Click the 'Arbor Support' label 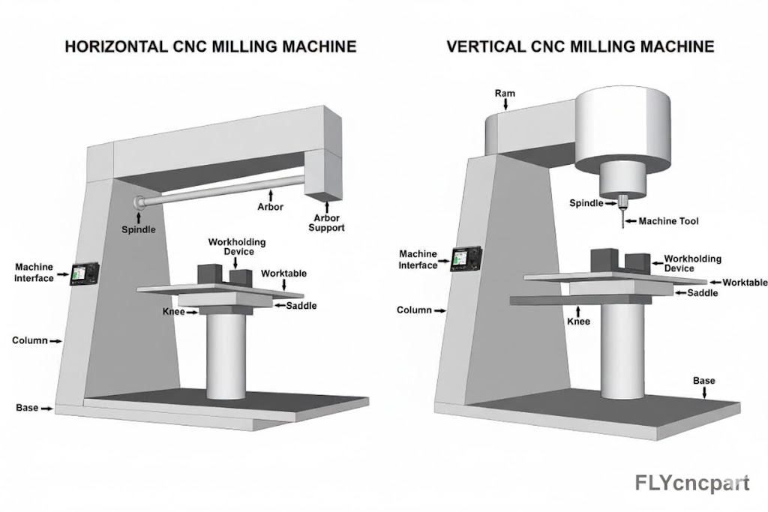click(326, 223)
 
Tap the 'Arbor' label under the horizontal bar click(270, 206)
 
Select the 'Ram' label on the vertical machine click(505, 94)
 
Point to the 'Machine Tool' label click(668, 221)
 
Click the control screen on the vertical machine click(468, 257)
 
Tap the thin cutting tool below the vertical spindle click(622, 217)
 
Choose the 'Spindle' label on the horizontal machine click(139, 229)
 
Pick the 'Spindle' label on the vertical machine click(586, 203)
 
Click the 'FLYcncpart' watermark click(691, 483)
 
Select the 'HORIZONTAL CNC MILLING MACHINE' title click(211, 46)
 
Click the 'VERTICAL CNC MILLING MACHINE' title click(580, 46)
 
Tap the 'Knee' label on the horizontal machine click(174, 311)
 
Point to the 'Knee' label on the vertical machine click(578, 321)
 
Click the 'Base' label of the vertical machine click(703, 381)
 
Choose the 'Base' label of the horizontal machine click(27, 408)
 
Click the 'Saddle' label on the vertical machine click(703, 293)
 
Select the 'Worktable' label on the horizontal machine click(283, 274)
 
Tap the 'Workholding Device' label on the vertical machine click(692, 263)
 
